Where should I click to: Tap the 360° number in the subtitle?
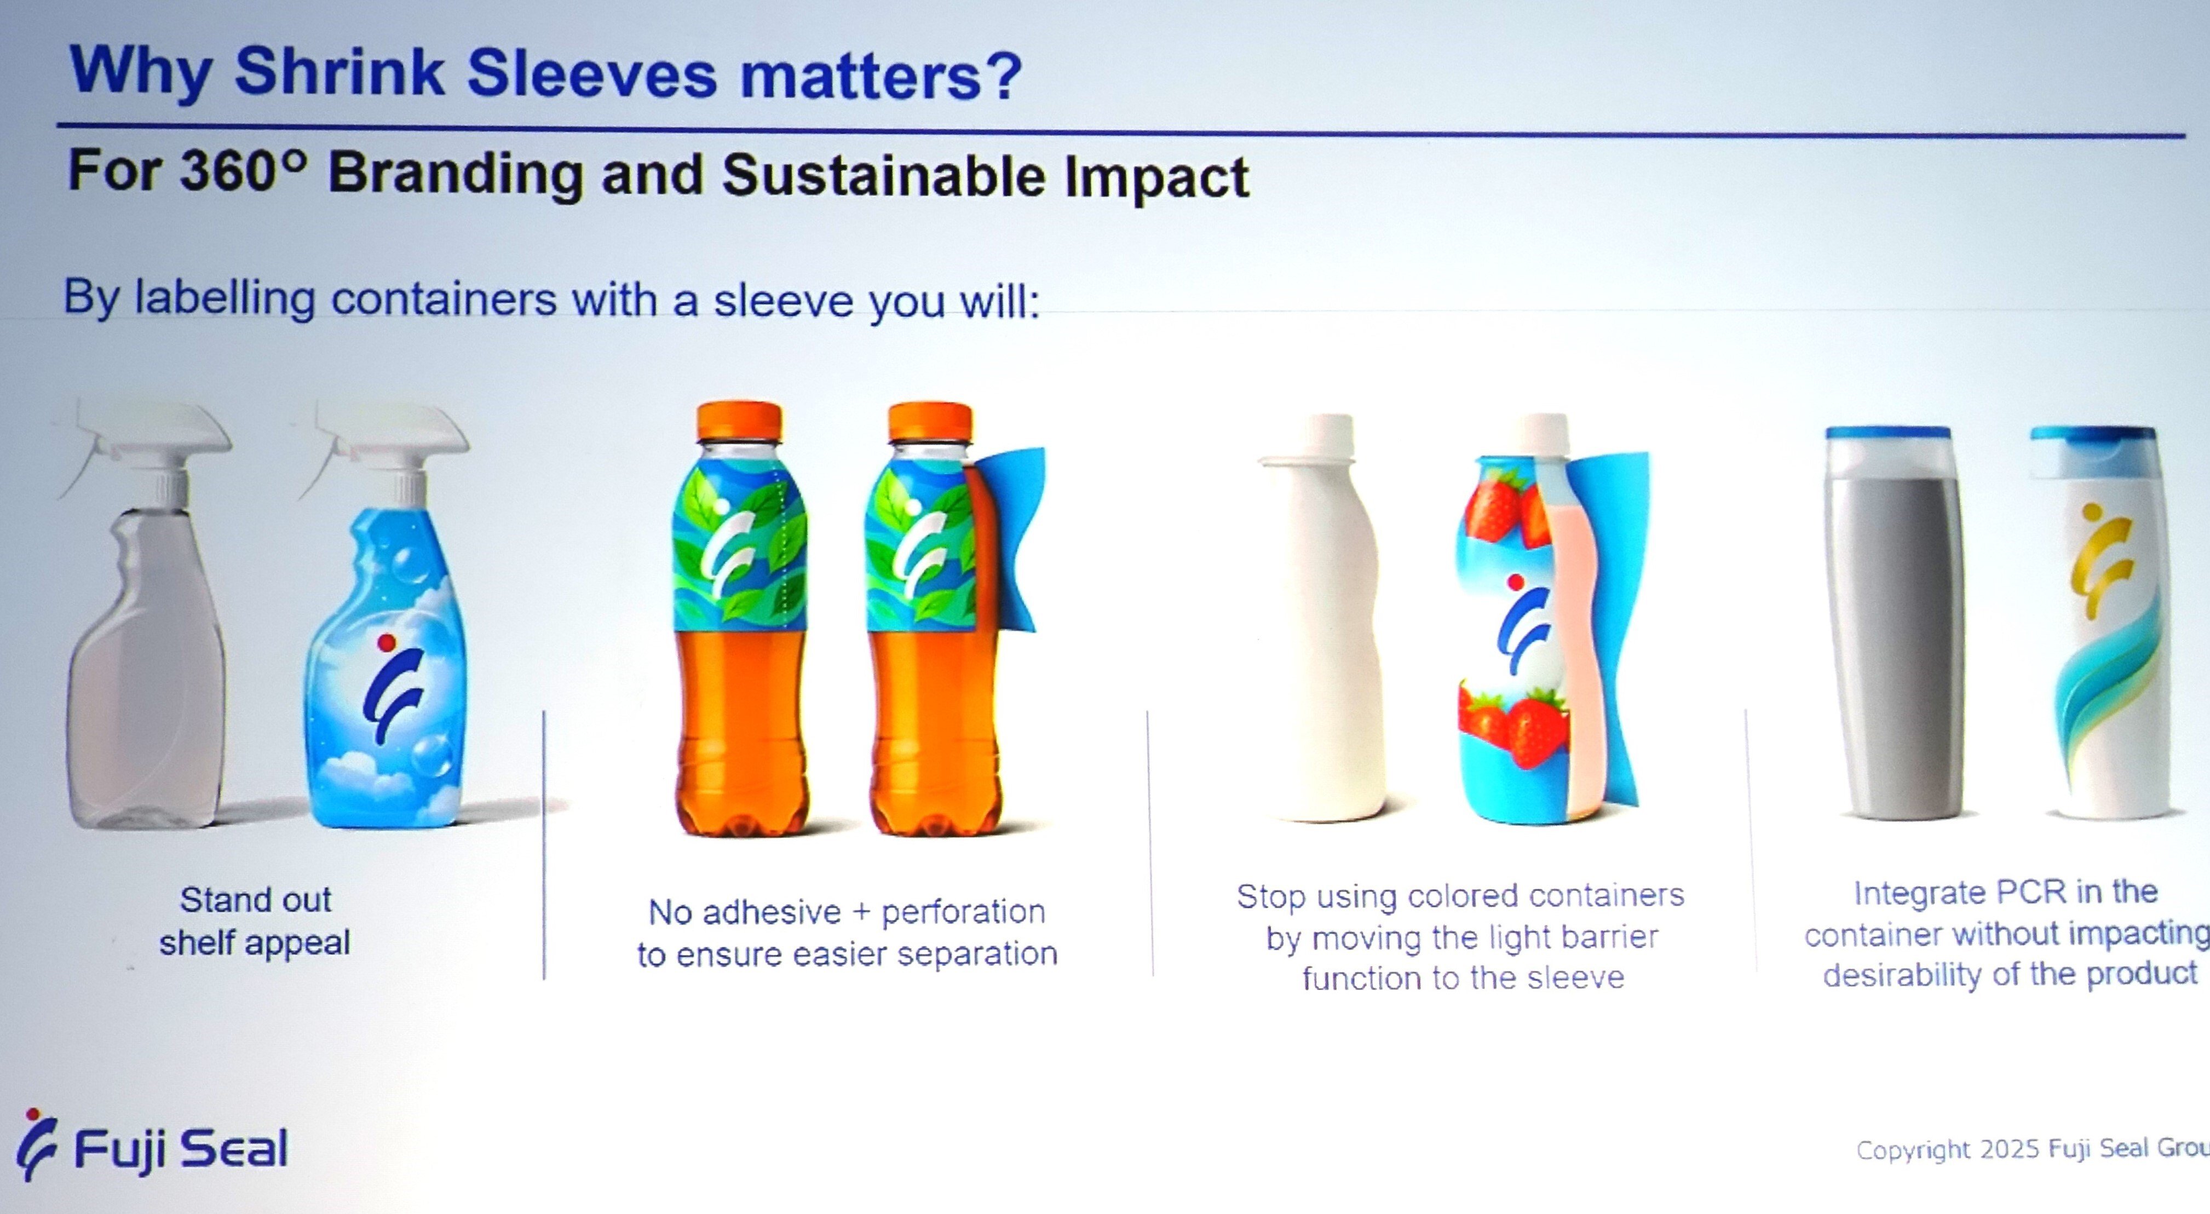pyautogui.click(x=243, y=171)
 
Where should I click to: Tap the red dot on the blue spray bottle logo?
pyautogui.click(x=386, y=642)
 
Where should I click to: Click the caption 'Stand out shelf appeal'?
pyautogui.click(x=255, y=920)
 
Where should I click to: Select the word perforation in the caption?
pyautogui.click(x=963, y=911)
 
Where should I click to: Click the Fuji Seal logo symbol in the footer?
pyautogui.click(x=37, y=1143)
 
